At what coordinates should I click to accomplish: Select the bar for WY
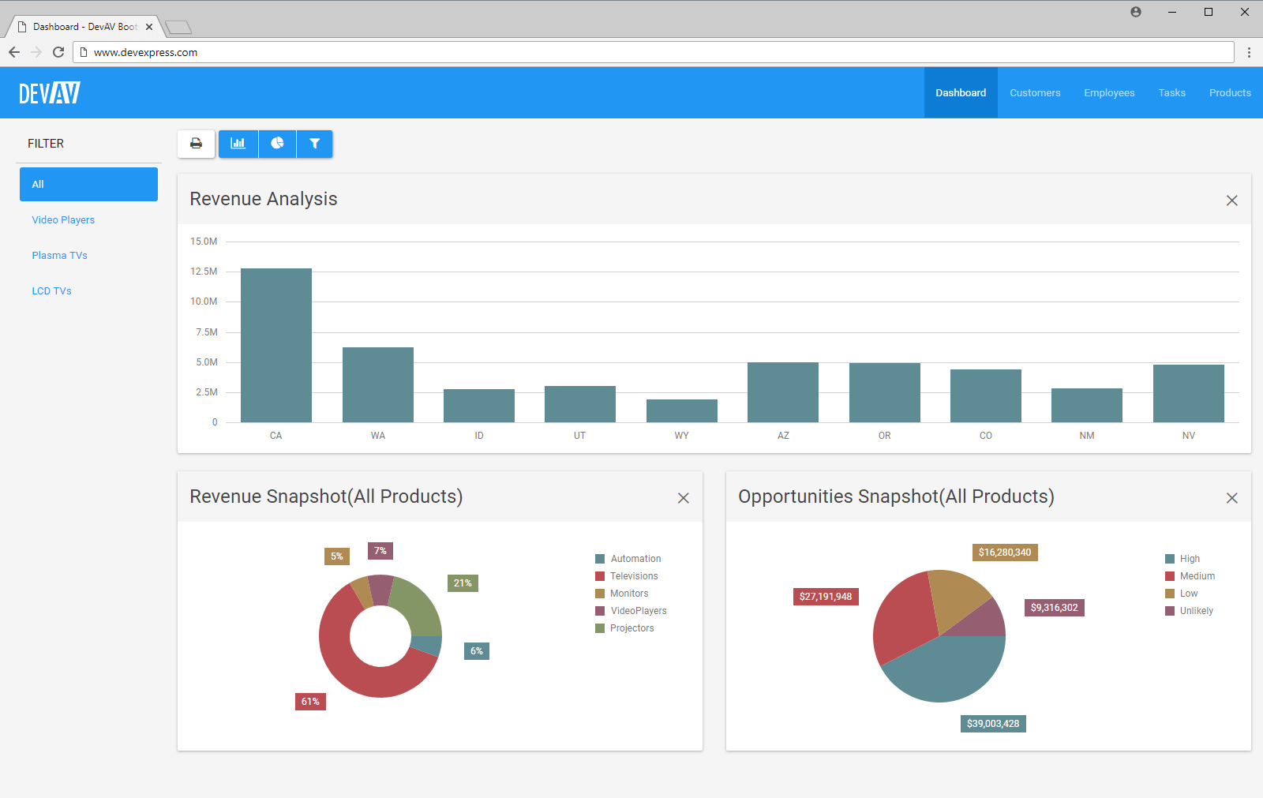click(682, 410)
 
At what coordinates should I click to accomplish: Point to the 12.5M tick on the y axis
click(204, 272)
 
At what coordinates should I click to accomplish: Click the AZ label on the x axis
click(783, 436)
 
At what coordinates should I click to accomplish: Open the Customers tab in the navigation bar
click(1035, 93)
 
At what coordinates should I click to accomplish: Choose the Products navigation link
click(1230, 93)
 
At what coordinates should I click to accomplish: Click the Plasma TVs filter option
click(60, 256)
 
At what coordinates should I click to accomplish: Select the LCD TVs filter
click(52, 291)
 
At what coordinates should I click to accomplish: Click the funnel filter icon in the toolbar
click(315, 144)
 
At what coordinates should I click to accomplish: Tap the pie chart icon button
click(277, 144)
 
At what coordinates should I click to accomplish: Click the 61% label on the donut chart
click(310, 702)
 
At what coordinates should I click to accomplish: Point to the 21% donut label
click(463, 583)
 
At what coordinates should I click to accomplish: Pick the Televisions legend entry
click(633, 576)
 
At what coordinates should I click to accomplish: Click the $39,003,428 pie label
click(993, 724)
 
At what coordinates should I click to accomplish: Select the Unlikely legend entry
click(1196, 611)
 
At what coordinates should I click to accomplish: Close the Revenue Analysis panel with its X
click(1231, 200)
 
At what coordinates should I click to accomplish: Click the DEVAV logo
click(50, 93)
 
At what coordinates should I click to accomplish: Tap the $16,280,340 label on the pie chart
click(1005, 553)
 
